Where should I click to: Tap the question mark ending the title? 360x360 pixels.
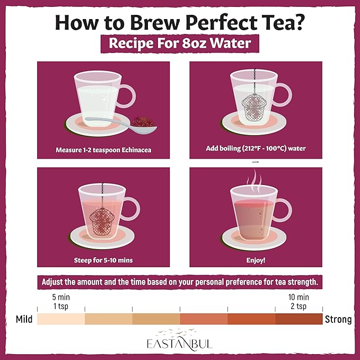click(299, 22)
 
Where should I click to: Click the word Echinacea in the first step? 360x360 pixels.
click(136, 150)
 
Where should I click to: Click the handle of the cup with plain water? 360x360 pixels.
click(127, 96)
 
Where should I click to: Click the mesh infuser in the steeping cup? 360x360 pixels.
click(102, 222)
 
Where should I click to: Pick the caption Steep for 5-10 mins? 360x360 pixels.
click(103, 260)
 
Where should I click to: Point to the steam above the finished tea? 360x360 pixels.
click(254, 182)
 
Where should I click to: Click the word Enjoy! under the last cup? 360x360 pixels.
click(256, 260)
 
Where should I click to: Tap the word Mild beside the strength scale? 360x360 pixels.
click(24, 319)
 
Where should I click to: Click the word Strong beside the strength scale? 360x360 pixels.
click(338, 319)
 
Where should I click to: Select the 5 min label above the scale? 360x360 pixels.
click(61, 297)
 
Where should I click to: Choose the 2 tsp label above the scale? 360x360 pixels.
click(298, 306)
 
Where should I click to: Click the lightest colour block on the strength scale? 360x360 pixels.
click(61, 319)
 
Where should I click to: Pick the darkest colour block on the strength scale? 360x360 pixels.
click(299, 319)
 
